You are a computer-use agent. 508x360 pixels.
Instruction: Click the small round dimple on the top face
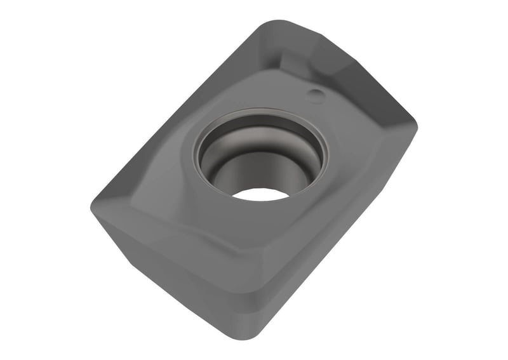coord(316,95)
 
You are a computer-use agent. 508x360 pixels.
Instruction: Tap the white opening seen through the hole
coord(261,194)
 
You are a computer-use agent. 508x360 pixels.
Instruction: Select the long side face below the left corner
coord(171,273)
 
